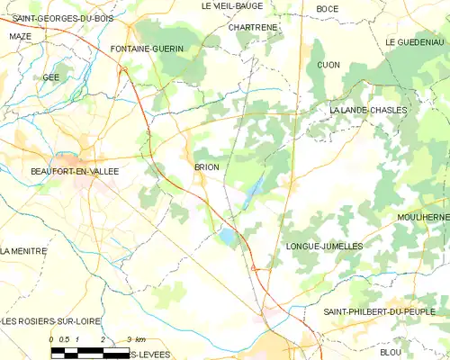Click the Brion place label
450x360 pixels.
click(x=207, y=167)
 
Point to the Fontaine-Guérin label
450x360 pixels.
click(x=147, y=48)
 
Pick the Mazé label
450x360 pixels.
click(x=20, y=36)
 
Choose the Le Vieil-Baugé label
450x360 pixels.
click(x=231, y=6)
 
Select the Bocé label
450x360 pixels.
click(x=328, y=8)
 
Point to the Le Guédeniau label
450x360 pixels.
click(x=416, y=42)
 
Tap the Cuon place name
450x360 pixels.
click(x=328, y=65)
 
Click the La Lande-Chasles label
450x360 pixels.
click(x=368, y=110)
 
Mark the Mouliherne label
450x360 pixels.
click(x=423, y=218)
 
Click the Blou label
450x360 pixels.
click(x=391, y=352)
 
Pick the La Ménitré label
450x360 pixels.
click(x=22, y=251)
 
